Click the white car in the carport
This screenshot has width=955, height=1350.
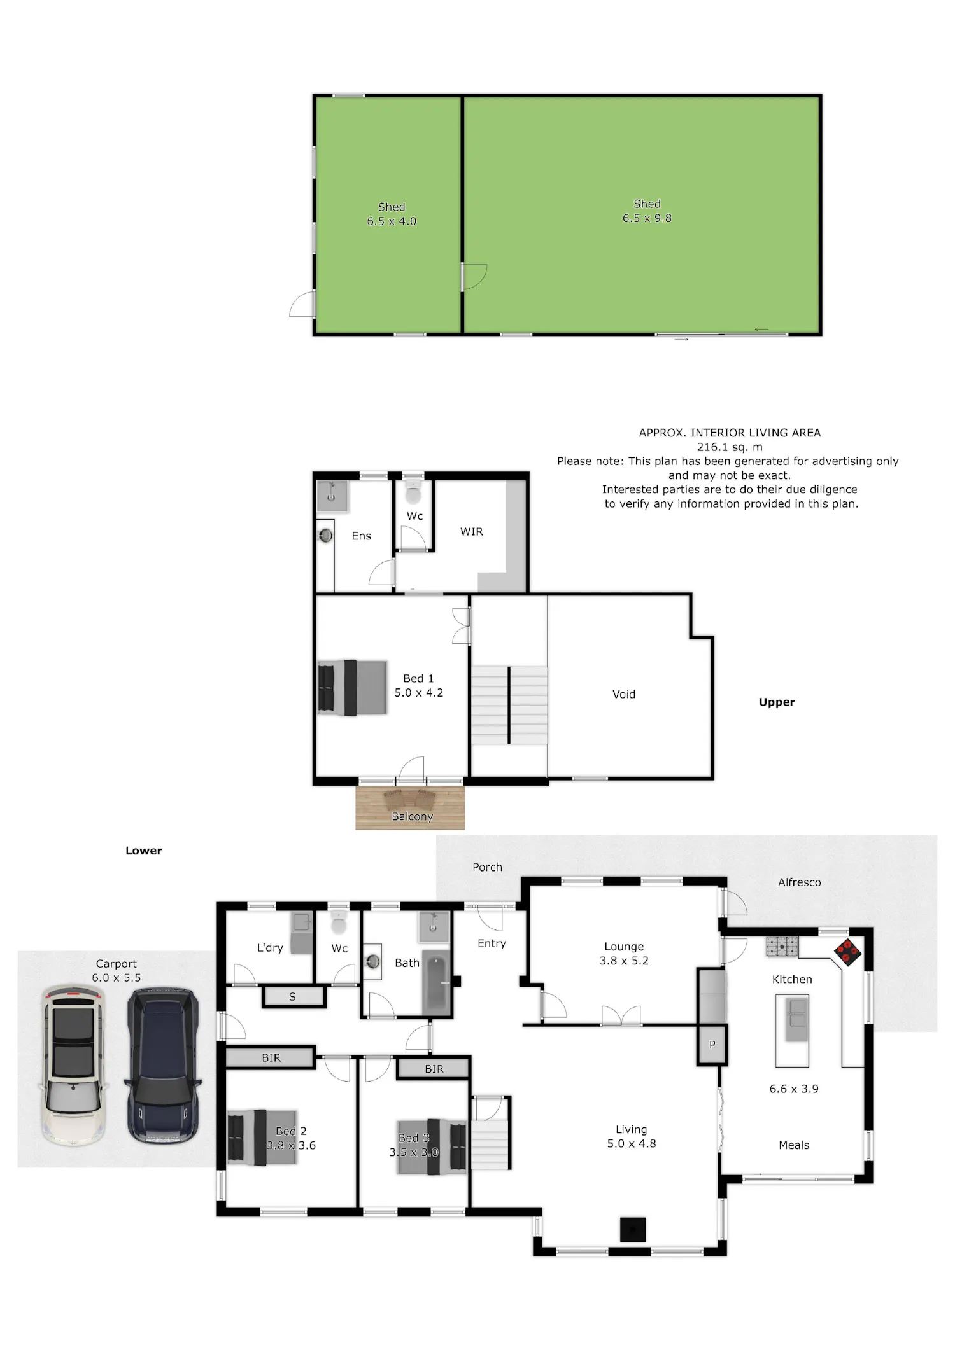74,1064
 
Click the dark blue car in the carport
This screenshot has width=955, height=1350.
163,1064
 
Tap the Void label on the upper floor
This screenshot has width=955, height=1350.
624,694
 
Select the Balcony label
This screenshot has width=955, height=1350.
412,816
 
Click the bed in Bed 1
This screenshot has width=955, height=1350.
352,688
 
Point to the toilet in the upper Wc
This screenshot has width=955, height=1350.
413,491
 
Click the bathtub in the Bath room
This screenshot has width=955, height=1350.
436,983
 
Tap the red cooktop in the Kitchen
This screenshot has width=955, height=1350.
848,952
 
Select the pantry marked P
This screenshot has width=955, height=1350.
712,1044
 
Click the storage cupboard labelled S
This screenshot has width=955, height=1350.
294,997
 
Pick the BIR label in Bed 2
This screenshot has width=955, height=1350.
271,1057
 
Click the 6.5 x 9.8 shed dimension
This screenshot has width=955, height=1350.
647,218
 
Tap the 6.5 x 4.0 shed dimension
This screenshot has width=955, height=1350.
392,221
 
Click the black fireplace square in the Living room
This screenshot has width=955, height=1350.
633,1230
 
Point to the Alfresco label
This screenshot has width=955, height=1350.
800,882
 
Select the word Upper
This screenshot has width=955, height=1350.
777,702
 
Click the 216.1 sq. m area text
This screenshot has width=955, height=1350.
730,447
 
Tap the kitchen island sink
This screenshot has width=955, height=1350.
796,1019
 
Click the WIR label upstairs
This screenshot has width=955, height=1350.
472,532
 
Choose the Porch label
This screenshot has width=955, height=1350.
487,867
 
